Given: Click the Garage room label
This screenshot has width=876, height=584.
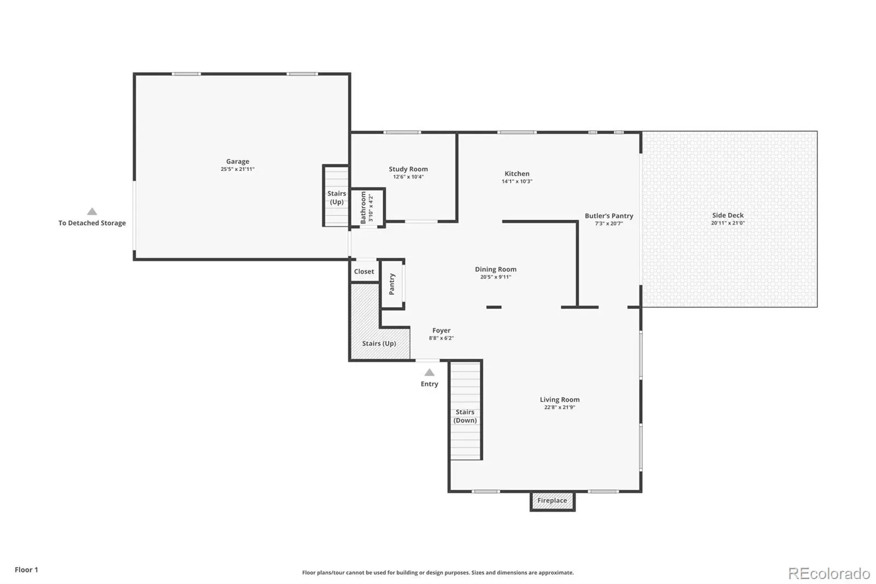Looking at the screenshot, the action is click(x=238, y=161).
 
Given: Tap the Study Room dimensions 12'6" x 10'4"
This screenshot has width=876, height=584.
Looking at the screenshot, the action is click(x=408, y=177).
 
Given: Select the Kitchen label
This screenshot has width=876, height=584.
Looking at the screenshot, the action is click(x=517, y=174).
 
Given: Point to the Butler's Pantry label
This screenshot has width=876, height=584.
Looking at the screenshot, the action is click(x=609, y=216).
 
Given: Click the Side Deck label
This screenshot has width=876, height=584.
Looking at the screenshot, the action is click(x=728, y=215).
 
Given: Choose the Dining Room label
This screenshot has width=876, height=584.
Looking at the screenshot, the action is click(x=495, y=270).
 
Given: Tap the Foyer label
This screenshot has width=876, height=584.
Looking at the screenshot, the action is click(x=441, y=330).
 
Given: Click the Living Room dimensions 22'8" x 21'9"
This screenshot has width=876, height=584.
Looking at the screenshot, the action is click(x=560, y=408).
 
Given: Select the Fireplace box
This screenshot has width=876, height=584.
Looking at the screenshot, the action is click(x=552, y=501).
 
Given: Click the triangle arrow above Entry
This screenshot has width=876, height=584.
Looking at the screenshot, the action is click(x=429, y=372).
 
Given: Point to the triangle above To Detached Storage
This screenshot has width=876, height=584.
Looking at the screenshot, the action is click(x=92, y=211).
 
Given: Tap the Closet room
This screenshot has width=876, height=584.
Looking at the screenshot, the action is click(x=364, y=271).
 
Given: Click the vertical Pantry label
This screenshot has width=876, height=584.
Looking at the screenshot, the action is click(x=392, y=284).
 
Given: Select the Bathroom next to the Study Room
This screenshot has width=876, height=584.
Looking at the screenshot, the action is click(x=367, y=208).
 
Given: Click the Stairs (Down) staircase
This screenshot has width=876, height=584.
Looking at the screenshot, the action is click(x=465, y=410).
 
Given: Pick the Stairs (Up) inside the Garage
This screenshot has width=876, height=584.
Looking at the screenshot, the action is click(x=336, y=196).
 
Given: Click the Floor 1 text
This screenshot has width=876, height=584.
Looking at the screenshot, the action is click(x=27, y=570).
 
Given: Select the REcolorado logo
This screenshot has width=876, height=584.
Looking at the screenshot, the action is click(x=829, y=574).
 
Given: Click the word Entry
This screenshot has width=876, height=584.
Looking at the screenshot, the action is click(x=429, y=384).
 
